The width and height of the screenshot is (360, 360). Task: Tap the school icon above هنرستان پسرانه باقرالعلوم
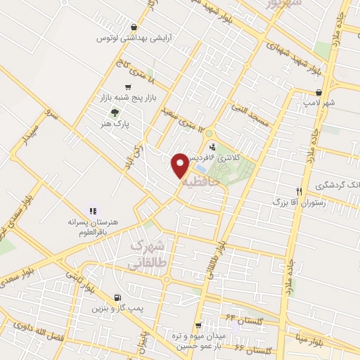point(92,210)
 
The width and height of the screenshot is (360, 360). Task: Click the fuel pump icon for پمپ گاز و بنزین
point(116,297)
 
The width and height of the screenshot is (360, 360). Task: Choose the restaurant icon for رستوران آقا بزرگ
point(299,191)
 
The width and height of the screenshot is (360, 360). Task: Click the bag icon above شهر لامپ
point(320,92)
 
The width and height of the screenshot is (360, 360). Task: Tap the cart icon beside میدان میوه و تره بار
point(199,326)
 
